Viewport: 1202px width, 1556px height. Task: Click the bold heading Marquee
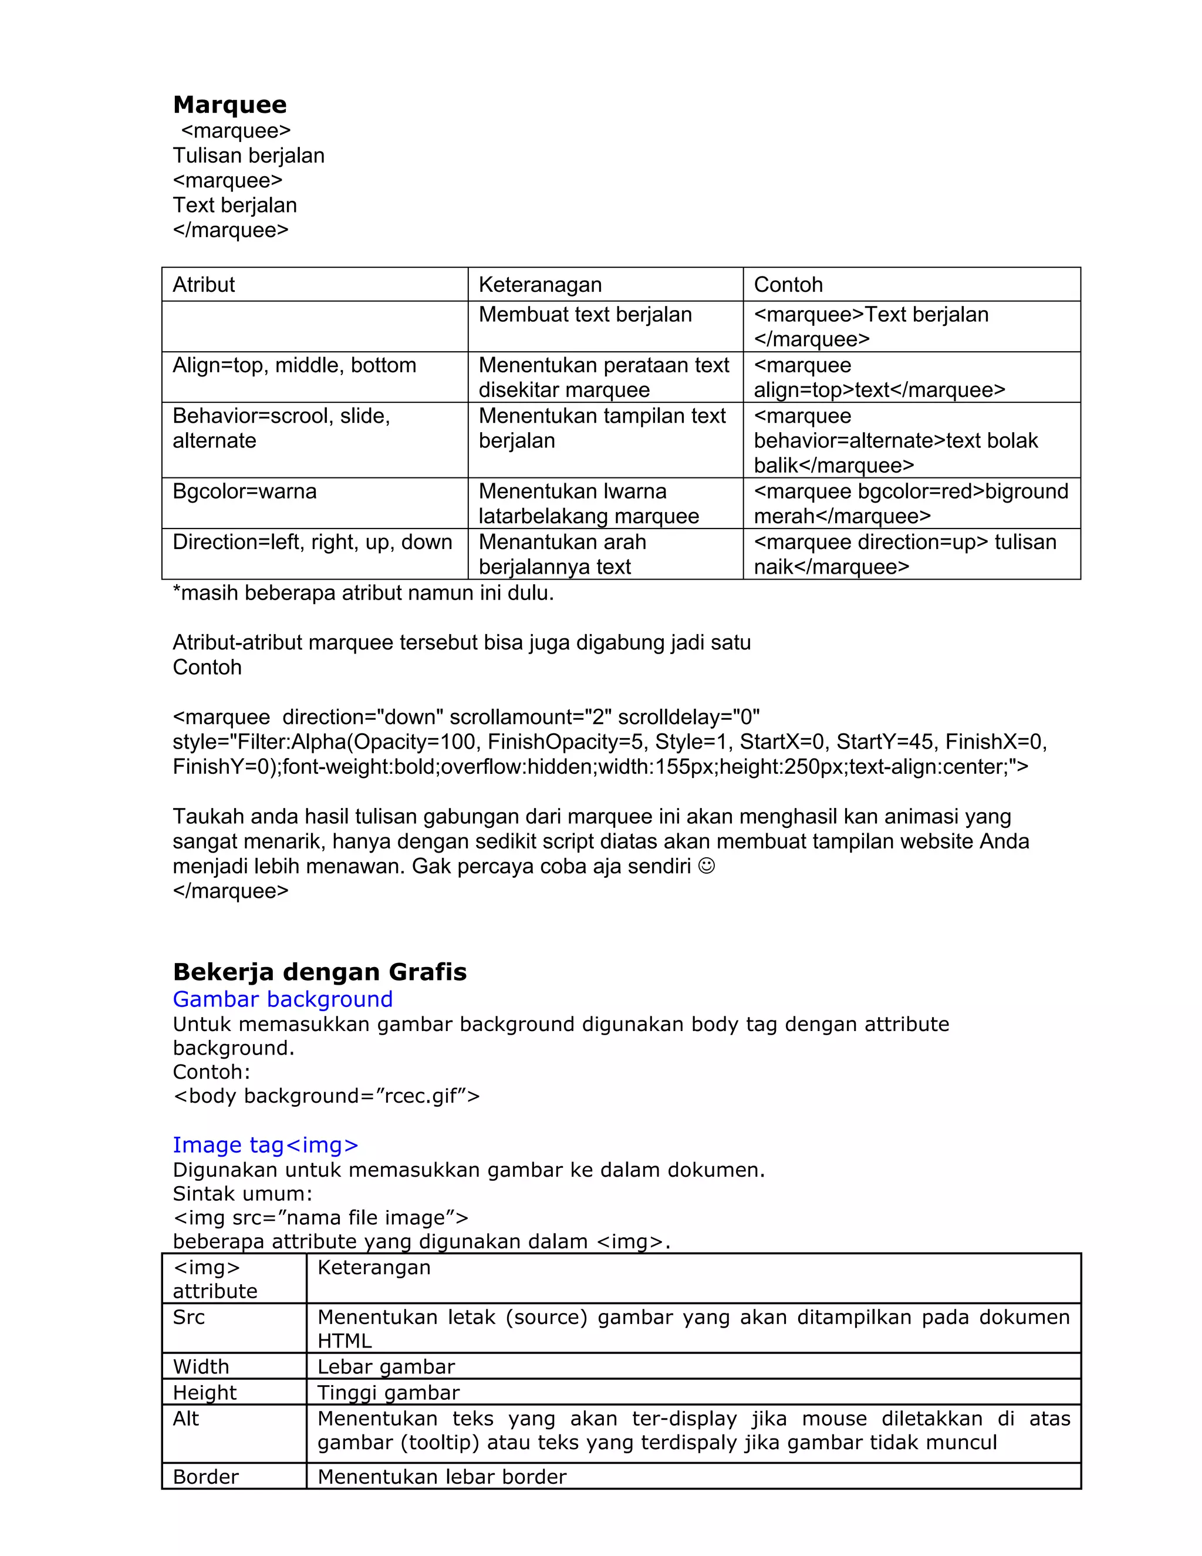(229, 105)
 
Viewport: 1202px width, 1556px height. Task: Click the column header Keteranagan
(540, 284)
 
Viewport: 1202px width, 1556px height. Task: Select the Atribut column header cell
(204, 284)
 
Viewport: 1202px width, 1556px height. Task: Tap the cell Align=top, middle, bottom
(294, 365)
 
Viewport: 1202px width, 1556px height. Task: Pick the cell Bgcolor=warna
(244, 491)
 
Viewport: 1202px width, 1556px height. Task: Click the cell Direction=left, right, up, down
(312, 542)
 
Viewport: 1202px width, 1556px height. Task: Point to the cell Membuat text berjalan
(585, 314)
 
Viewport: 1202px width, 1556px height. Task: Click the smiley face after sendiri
(707, 866)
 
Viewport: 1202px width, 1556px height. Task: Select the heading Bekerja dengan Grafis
(320, 972)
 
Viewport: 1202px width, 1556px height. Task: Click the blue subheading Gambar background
(283, 999)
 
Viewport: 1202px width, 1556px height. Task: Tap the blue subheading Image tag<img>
(265, 1144)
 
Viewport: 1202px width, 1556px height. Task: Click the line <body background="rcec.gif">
(326, 1096)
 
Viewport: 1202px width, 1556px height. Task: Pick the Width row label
(201, 1366)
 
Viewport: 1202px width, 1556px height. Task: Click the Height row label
(204, 1392)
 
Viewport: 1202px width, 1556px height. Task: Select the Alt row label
(186, 1419)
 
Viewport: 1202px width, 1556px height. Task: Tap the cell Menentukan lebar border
(441, 1477)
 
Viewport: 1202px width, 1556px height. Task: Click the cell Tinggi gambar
(388, 1392)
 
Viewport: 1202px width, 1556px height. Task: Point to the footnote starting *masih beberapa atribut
(363, 593)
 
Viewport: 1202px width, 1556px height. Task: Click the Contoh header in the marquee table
(788, 284)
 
